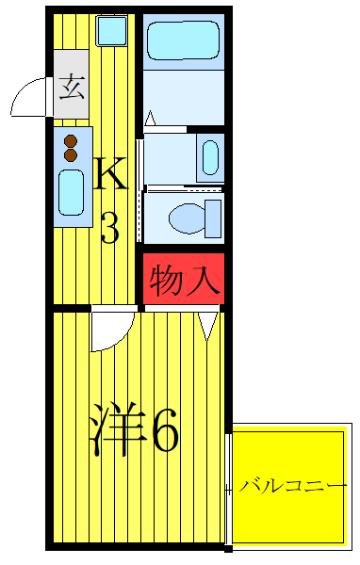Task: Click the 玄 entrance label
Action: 70,92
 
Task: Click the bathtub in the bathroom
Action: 184,39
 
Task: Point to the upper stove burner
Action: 70,141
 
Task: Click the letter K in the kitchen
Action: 109,173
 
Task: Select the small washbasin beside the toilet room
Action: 210,156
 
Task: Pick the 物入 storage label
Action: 184,280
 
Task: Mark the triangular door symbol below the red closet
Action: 209,324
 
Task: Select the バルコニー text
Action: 293,487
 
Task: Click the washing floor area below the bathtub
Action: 184,94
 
